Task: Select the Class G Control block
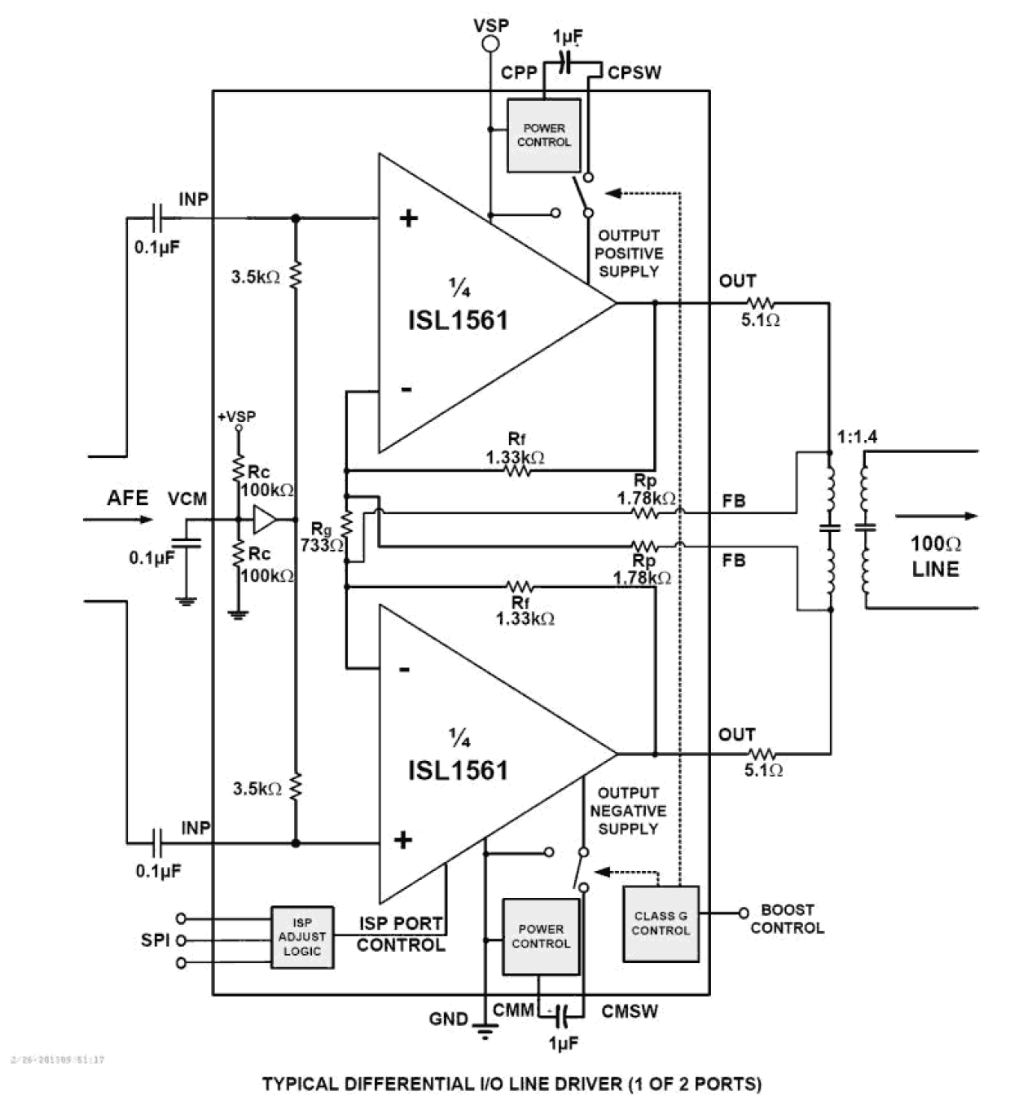(x=661, y=923)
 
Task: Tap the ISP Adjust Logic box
(x=302, y=937)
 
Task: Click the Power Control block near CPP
(x=544, y=135)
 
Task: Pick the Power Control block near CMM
(x=541, y=936)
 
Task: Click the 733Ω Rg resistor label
(x=321, y=545)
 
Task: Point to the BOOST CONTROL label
(x=787, y=918)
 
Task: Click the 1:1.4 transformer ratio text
(x=857, y=437)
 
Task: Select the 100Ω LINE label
(x=936, y=556)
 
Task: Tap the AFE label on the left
(x=128, y=498)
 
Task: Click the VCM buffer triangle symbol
(x=264, y=519)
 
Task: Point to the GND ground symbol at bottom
(x=486, y=1032)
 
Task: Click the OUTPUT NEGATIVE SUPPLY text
(x=628, y=811)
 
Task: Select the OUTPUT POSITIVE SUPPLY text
(x=628, y=253)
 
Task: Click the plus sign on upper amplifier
(x=408, y=218)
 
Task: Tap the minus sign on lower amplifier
(x=404, y=670)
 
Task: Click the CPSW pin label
(x=634, y=73)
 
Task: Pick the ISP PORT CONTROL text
(x=402, y=934)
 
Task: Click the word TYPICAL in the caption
(x=300, y=1084)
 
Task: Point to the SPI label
(x=155, y=939)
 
